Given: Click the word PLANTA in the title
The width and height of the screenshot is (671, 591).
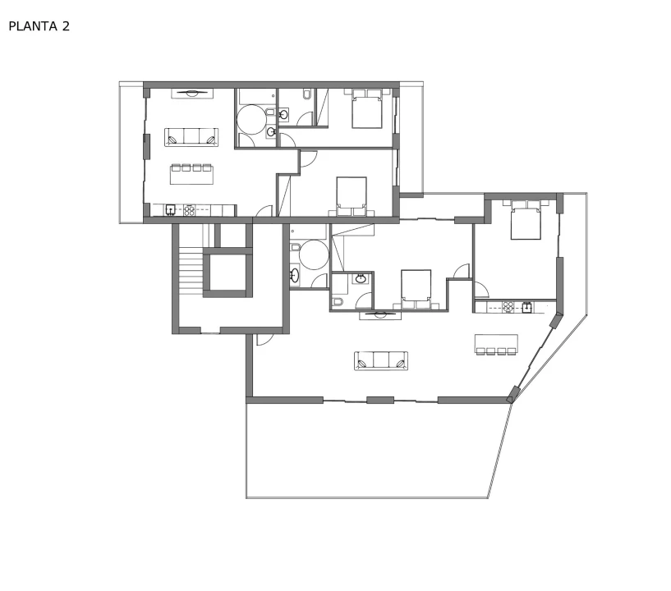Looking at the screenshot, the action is tap(33, 26).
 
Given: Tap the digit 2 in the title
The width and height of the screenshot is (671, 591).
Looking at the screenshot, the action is tap(66, 26).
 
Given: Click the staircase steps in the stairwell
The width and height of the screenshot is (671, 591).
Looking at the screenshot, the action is tap(191, 273).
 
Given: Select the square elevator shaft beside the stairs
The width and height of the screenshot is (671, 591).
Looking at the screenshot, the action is tap(227, 273).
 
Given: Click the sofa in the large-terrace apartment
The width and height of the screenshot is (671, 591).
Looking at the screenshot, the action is tap(381, 360).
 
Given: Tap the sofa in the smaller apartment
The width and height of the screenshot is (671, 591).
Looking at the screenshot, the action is tap(191, 137).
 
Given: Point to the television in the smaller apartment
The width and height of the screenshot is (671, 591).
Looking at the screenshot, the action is tap(192, 93).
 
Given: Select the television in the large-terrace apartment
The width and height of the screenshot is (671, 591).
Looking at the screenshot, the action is tap(380, 315).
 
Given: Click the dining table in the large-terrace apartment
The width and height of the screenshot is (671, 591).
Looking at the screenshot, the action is tap(496, 344).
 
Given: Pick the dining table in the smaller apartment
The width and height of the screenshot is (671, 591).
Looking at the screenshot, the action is tap(191, 174).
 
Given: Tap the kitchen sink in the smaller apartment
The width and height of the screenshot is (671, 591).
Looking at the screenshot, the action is tap(170, 210).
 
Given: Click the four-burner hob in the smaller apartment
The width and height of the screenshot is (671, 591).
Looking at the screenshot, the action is tap(189, 210).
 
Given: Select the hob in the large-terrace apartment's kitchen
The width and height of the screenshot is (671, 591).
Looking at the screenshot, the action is tap(508, 307).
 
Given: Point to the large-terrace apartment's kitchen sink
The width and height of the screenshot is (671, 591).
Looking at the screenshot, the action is tap(527, 307).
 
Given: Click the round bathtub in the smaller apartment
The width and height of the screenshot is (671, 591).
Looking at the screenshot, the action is tap(251, 119).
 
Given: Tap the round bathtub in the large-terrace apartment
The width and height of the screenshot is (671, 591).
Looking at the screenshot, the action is tap(314, 255).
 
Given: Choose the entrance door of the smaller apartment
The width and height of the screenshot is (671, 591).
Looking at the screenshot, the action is tap(264, 211).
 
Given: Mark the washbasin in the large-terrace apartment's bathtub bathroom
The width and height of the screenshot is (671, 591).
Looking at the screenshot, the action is tap(295, 274).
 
